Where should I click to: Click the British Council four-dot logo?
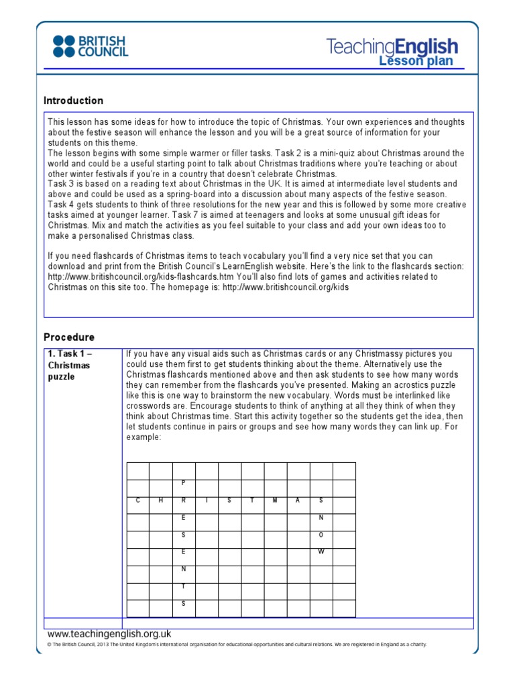(65, 46)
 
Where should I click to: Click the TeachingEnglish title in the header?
(392, 46)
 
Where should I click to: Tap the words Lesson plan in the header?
(416, 61)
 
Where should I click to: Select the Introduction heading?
(73, 101)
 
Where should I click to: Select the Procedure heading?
(69, 337)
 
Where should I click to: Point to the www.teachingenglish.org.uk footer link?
(109, 633)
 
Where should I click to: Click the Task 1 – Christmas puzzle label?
(69, 365)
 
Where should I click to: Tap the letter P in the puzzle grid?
(183, 483)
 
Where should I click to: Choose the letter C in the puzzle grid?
(137, 500)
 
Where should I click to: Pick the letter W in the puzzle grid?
(321, 552)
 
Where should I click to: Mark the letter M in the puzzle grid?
(275, 500)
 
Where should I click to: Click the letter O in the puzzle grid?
(321, 535)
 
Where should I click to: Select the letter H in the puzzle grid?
(160, 500)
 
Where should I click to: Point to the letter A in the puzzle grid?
(298, 500)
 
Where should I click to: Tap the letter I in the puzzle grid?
(207, 500)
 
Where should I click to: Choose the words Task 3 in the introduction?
(60, 184)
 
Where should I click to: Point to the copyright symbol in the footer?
(49, 645)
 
